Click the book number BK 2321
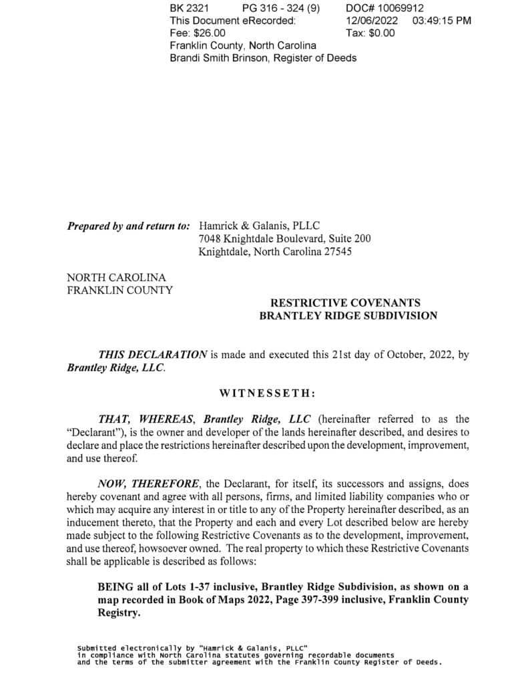point(190,8)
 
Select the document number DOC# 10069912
point(376,8)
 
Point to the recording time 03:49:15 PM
point(442,21)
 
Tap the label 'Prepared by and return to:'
point(129,226)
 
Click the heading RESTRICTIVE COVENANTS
point(345,303)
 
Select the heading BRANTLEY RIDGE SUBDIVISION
point(348,316)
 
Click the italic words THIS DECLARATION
point(152,355)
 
